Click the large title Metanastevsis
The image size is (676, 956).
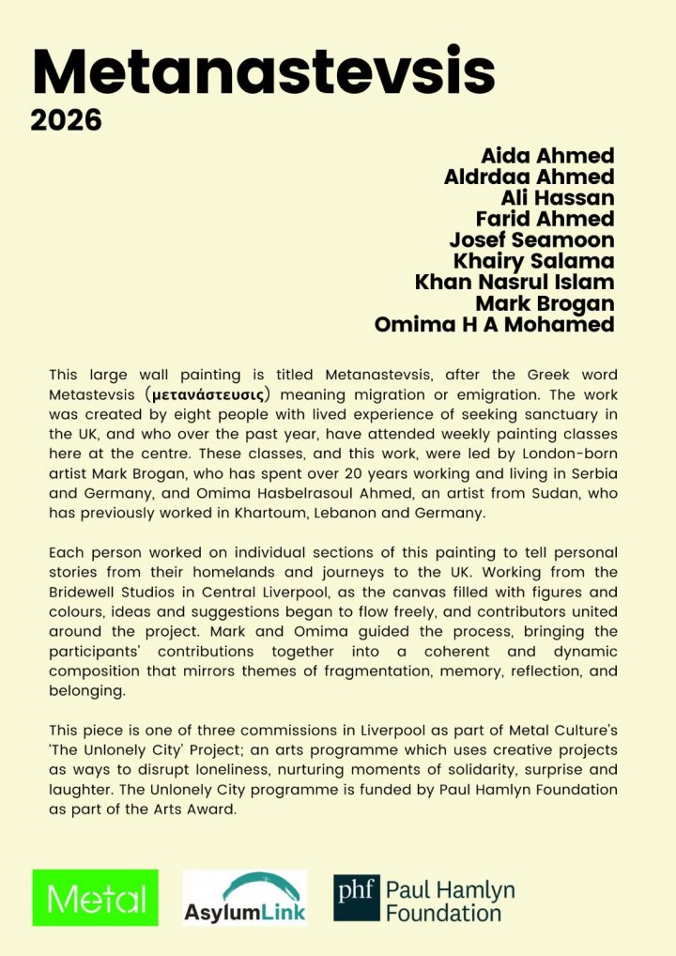point(263,71)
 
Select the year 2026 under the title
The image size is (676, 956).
point(65,121)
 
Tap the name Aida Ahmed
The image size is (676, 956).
point(547,157)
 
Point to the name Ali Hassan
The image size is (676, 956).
point(558,198)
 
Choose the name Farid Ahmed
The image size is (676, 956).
point(545,219)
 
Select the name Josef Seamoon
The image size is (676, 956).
point(531,239)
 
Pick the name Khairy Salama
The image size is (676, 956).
point(533,261)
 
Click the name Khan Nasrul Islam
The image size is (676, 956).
point(515,282)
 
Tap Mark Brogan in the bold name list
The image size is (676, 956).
point(545,303)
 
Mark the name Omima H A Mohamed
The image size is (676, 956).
point(494,325)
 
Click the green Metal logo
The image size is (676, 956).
point(95,898)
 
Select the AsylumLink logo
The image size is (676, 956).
point(244,898)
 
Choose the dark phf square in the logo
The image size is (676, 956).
point(357,898)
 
